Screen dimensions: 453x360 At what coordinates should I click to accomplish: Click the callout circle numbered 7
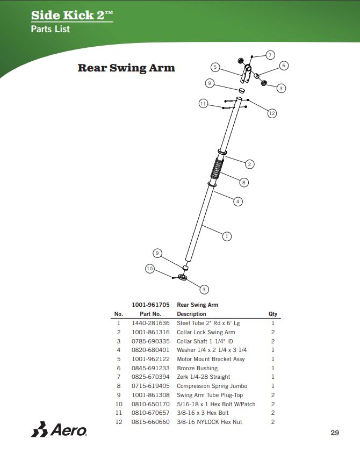(270, 55)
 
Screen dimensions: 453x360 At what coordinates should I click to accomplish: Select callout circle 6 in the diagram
(284, 66)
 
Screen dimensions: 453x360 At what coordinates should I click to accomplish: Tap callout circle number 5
(215, 67)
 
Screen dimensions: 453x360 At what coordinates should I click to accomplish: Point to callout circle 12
(272, 113)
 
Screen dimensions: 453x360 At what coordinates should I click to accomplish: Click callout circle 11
(203, 103)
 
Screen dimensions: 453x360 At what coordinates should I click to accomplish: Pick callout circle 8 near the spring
(243, 182)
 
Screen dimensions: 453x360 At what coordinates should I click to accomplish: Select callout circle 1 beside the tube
(227, 236)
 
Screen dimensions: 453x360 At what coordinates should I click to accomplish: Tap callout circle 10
(150, 268)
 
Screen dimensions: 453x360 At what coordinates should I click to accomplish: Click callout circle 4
(237, 202)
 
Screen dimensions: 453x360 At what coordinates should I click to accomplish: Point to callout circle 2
(249, 164)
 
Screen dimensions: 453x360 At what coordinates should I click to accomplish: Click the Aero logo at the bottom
(59, 430)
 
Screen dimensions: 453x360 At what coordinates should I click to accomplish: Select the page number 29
(335, 433)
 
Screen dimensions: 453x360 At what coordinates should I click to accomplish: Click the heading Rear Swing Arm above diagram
(126, 68)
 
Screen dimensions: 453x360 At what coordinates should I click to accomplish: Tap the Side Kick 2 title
(72, 15)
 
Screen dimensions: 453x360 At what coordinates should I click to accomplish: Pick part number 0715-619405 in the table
(150, 386)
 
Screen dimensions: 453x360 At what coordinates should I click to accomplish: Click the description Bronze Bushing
(197, 368)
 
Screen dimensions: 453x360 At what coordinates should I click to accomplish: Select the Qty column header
(272, 314)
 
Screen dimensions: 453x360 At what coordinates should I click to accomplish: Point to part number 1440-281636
(150, 323)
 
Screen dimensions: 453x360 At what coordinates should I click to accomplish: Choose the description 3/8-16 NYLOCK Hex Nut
(210, 422)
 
